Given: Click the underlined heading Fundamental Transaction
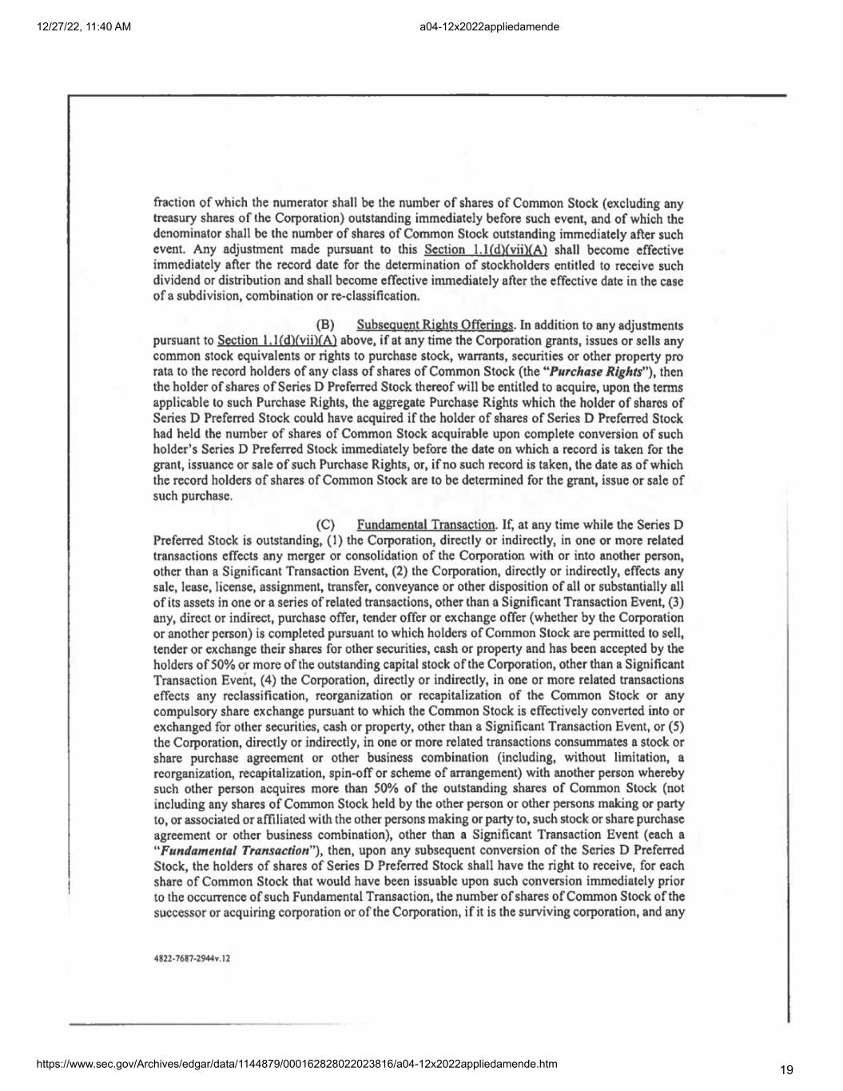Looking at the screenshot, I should [x=426, y=524].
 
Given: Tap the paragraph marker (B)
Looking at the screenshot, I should [x=325, y=325].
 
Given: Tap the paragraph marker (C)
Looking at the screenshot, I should [x=325, y=524].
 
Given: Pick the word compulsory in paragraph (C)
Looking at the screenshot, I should [x=182, y=711].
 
